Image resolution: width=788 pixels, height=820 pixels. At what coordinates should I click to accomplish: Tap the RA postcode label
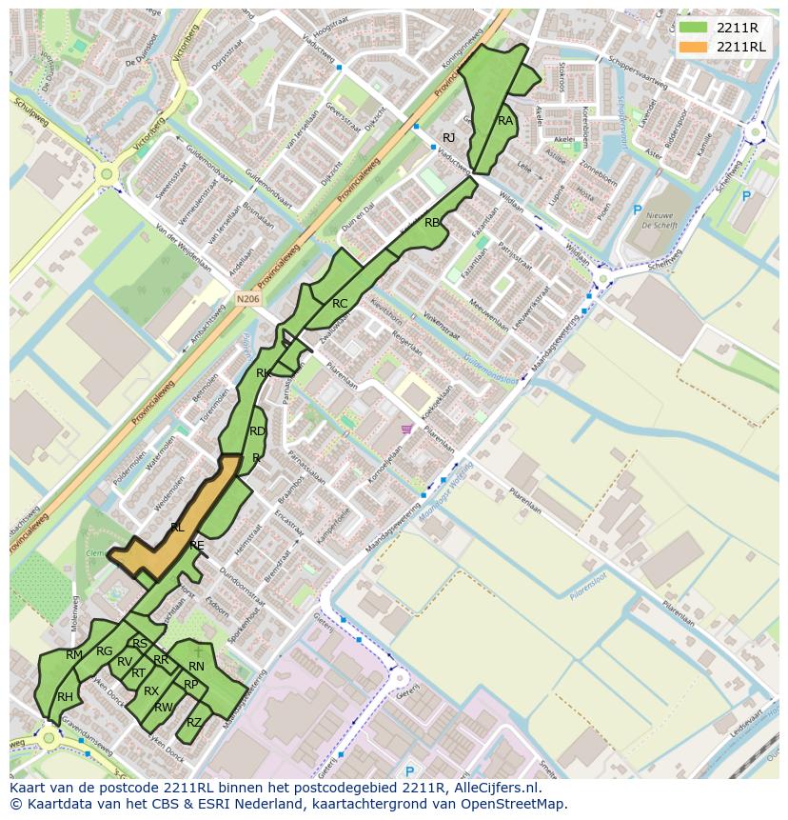505,121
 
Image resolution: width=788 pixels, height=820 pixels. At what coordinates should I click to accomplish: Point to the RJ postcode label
449,138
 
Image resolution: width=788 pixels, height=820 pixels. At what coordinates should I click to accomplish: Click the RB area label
432,223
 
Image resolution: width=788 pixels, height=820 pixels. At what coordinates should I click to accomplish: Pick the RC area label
340,304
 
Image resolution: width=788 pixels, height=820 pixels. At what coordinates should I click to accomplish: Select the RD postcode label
257,431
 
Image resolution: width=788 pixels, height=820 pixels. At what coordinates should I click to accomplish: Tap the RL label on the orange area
177,527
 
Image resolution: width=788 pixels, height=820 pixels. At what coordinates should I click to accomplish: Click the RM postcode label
74,654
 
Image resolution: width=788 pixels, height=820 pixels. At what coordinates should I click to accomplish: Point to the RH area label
65,697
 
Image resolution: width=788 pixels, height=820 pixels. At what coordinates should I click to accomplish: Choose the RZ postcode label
194,722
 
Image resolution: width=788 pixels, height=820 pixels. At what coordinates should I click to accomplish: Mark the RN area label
196,667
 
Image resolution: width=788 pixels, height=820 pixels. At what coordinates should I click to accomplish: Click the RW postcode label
163,708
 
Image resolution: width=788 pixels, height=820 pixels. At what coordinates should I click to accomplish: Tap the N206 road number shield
248,299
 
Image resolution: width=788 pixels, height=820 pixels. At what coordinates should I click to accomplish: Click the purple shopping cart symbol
407,430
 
